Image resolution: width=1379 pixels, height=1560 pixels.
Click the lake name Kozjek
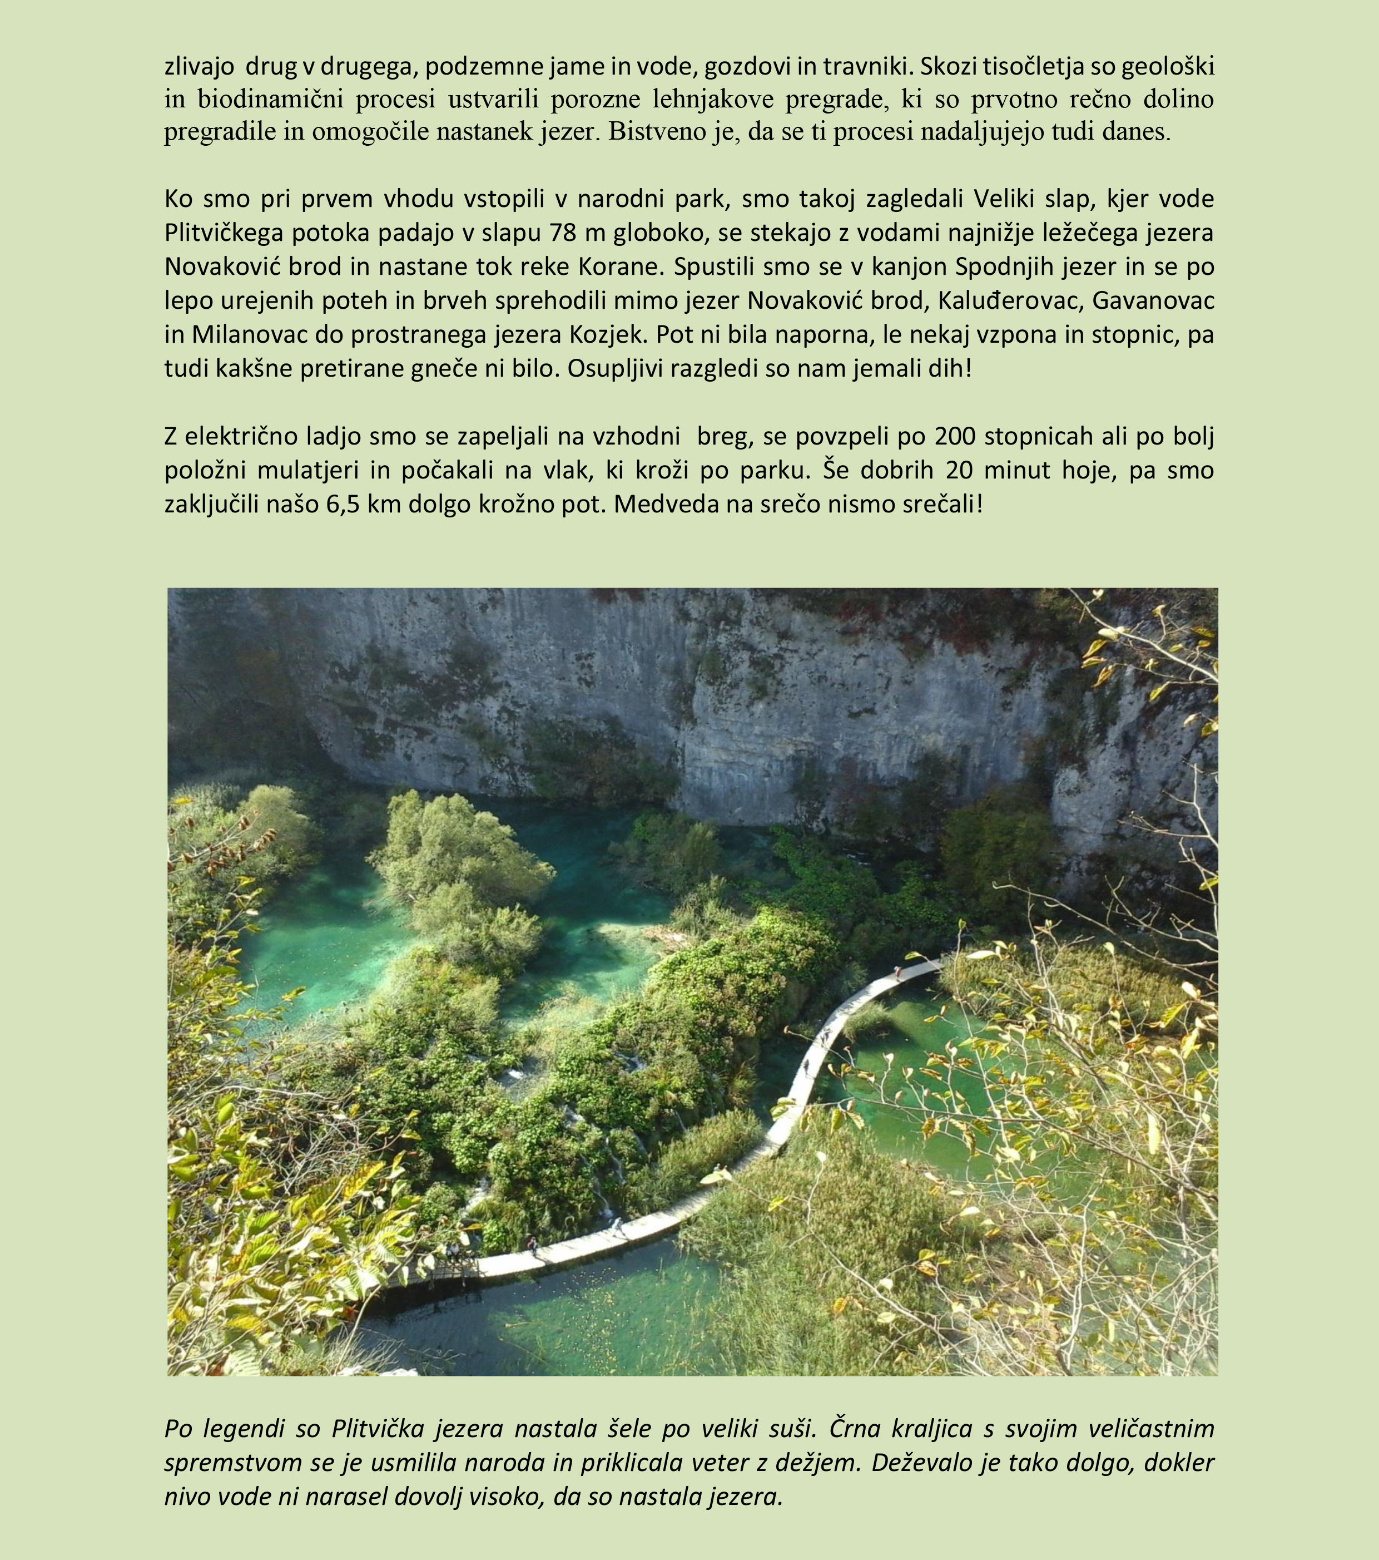click(x=609, y=334)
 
